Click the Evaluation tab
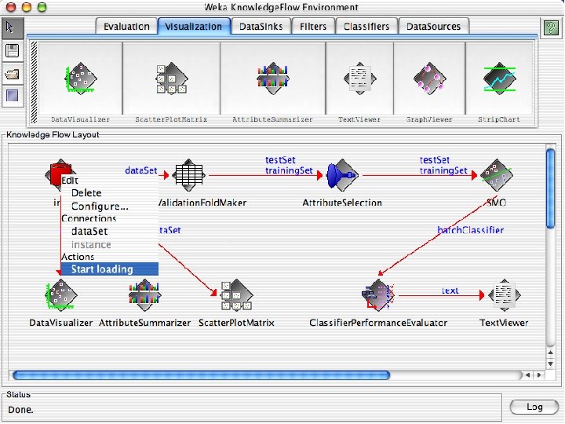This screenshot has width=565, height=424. (126, 27)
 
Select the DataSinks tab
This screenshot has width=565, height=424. (261, 27)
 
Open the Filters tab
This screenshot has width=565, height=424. (312, 27)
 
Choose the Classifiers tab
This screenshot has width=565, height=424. (366, 27)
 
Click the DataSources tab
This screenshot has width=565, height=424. (433, 27)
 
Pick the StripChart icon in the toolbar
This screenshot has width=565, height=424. (498, 79)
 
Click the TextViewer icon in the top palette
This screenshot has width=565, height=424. (359, 79)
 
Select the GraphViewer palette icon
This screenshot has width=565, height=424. (429, 79)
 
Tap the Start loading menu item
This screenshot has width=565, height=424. (102, 269)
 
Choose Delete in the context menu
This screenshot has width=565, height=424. (86, 193)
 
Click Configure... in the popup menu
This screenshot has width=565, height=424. (100, 206)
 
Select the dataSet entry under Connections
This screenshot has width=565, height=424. (89, 232)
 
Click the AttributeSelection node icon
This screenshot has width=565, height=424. (342, 175)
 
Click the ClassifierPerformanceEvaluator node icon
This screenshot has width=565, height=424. (378, 295)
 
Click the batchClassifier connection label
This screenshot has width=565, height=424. (470, 230)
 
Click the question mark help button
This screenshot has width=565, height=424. (550, 27)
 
